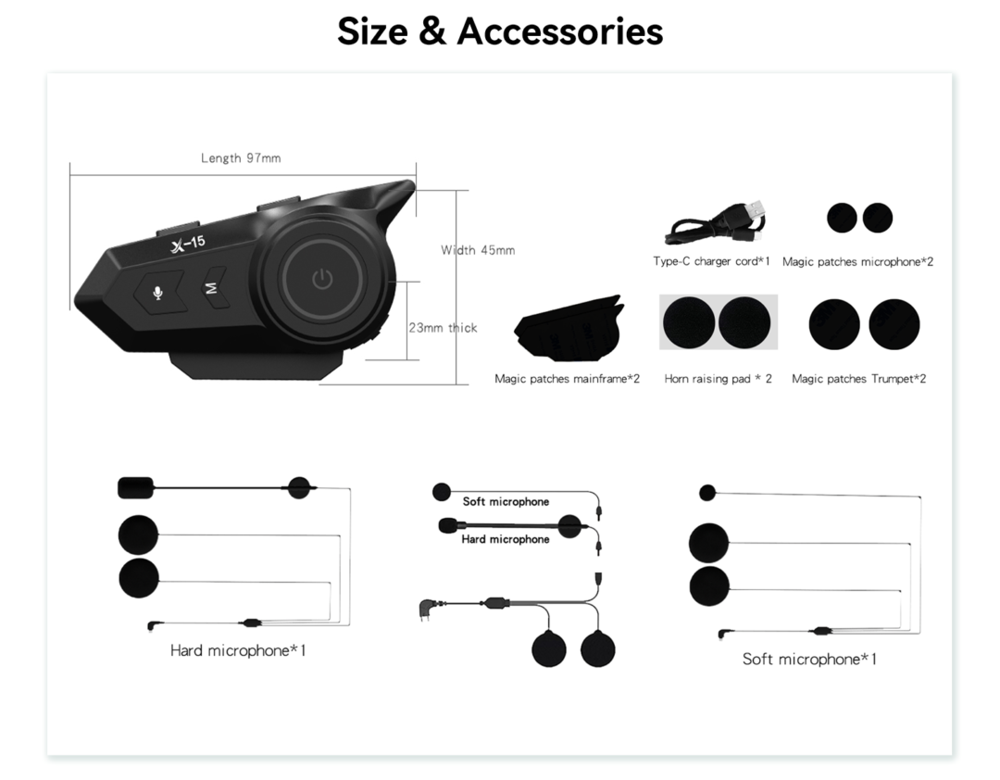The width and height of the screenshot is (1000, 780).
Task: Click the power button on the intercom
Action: click(323, 279)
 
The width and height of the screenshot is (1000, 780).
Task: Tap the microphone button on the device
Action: click(158, 293)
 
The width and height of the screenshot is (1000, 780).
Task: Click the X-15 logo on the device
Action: click(188, 245)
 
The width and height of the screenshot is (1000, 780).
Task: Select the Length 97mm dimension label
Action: click(241, 157)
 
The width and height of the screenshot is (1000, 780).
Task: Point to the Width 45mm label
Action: click(478, 250)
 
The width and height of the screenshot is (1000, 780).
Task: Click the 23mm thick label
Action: click(443, 327)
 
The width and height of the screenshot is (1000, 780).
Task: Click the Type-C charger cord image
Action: click(716, 222)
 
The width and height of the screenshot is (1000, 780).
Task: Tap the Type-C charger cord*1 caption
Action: click(712, 261)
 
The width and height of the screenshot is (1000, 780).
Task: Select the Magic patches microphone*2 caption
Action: click(857, 262)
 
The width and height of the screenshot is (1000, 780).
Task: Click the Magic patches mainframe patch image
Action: click(568, 330)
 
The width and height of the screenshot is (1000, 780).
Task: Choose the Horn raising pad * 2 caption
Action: click(719, 379)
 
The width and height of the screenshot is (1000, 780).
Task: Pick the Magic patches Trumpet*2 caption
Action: click(859, 379)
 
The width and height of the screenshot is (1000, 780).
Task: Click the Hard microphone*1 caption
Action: click(238, 650)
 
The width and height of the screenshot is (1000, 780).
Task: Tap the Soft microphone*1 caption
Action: click(809, 660)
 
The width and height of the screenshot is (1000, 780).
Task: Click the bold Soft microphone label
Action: click(506, 502)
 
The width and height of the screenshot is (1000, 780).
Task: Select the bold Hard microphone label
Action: click(506, 539)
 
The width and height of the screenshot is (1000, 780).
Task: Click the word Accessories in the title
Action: click(560, 31)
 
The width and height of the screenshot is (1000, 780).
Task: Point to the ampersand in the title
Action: click(432, 31)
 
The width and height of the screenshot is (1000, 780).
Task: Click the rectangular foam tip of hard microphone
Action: click(136, 487)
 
